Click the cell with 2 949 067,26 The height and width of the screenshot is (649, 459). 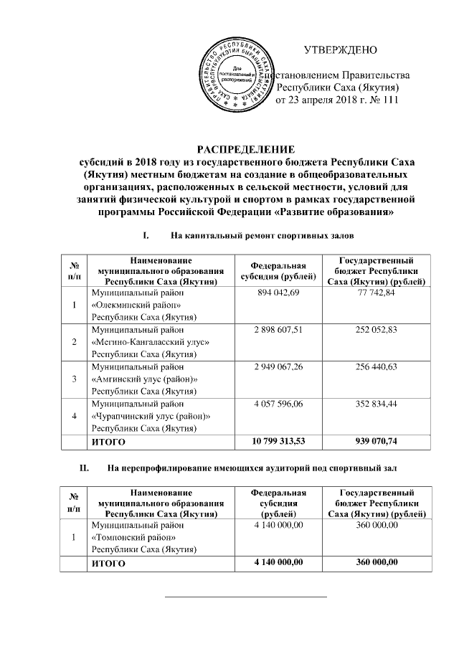279,366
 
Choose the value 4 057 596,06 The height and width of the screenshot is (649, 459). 279,404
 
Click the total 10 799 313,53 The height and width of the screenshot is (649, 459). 279,440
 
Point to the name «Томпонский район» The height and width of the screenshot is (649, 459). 133,537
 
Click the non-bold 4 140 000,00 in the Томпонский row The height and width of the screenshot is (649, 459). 279,526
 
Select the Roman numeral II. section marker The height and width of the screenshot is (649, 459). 82,469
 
